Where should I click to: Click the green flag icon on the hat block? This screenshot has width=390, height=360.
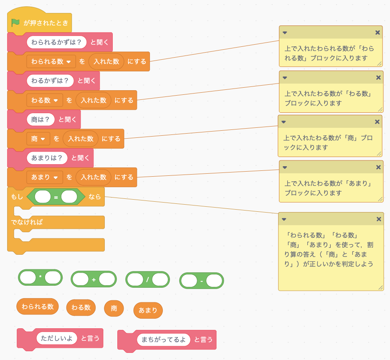pyautogui.click(x=15, y=23)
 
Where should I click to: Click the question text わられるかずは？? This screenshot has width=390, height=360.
pyautogui.click(x=56, y=42)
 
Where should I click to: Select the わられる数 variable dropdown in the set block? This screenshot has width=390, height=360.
pyautogui.click(x=51, y=61)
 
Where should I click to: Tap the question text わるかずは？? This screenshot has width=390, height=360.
pyautogui.click(x=50, y=81)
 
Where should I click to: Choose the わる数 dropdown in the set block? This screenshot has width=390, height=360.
pyautogui.click(x=45, y=100)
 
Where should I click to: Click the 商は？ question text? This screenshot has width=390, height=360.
pyautogui.click(x=41, y=119)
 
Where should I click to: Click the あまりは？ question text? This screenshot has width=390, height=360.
pyautogui.click(x=47, y=158)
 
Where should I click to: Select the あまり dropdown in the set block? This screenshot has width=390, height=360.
pyautogui.click(x=45, y=177)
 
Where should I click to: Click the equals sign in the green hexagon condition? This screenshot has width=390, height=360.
pyautogui.click(x=56, y=197)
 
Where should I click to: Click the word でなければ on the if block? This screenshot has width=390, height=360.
pyautogui.click(x=27, y=222)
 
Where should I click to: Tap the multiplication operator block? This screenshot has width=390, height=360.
pyautogui.click(x=40, y=277)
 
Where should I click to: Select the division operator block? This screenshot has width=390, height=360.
pyautogui.click(x=147, y=279)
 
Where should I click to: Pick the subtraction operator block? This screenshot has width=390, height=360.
pyautogui.click(x=202, y=281)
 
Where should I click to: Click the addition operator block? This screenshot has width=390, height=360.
pyautogui.click(x=94, y=279)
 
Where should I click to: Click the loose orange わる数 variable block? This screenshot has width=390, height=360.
pyautogui.click(x=81, y=307)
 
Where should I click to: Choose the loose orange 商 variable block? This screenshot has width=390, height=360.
pyautogui.click(x=114, y=308)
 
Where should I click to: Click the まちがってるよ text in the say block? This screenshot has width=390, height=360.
pyautogui.click(x=163, y=340)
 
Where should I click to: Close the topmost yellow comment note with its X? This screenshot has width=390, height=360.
pyautogui.click(x=377, y=33)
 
